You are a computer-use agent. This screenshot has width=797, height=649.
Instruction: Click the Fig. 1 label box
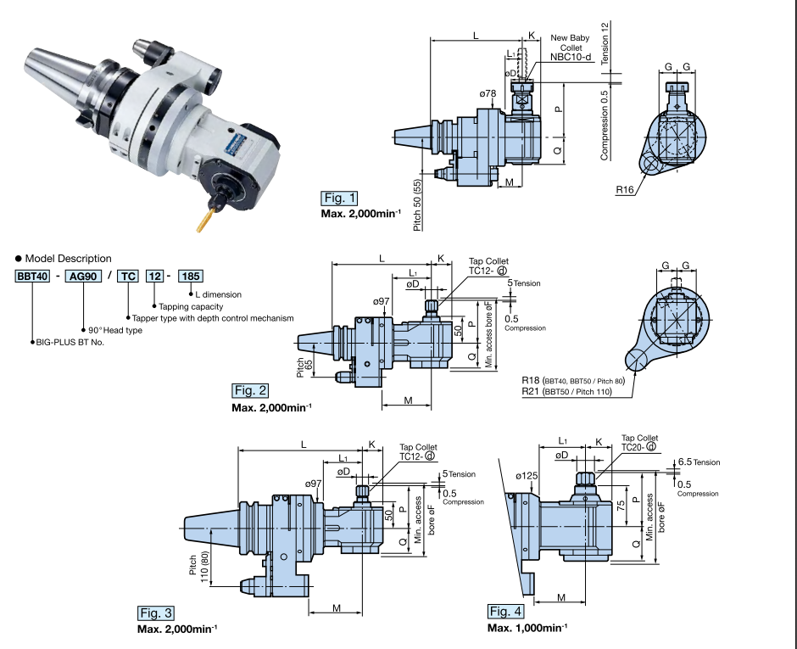[x=340, y=199]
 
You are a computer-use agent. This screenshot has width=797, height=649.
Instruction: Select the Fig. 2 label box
[x=250, y=391]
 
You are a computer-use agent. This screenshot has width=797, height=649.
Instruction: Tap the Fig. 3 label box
[x=156, y=613]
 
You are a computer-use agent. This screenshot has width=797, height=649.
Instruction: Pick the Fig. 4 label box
[x=505, y=612]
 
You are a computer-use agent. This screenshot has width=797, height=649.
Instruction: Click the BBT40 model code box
[x=33, y=277]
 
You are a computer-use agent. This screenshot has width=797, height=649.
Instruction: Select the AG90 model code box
[x=84, y=277]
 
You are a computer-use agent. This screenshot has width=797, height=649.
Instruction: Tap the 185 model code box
[x=192, y=277]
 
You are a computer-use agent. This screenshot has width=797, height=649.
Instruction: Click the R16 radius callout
[x=627, y=190]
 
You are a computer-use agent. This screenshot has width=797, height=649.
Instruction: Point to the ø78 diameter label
[x=487, y=93]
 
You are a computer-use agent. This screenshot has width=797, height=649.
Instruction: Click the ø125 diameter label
[x=527, y=476]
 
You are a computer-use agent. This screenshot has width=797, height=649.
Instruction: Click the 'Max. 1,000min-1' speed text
[x=527, y=628]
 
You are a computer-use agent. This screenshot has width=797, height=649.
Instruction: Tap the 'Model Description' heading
[x=68, y=258]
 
